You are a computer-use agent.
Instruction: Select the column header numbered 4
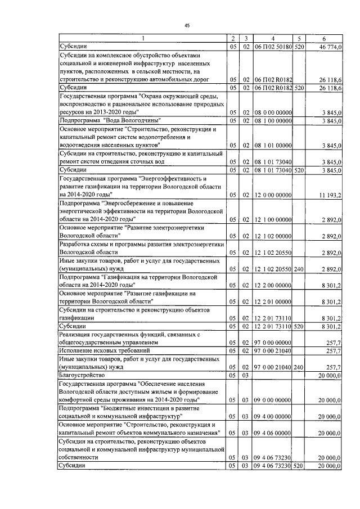272,38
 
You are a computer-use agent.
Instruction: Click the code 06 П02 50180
272,47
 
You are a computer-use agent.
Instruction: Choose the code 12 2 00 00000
272,285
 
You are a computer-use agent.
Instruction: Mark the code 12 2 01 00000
272,301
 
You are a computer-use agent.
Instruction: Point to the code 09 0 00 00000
272,399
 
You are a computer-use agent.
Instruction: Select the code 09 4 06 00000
272,433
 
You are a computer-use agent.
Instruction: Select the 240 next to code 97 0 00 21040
298,366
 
